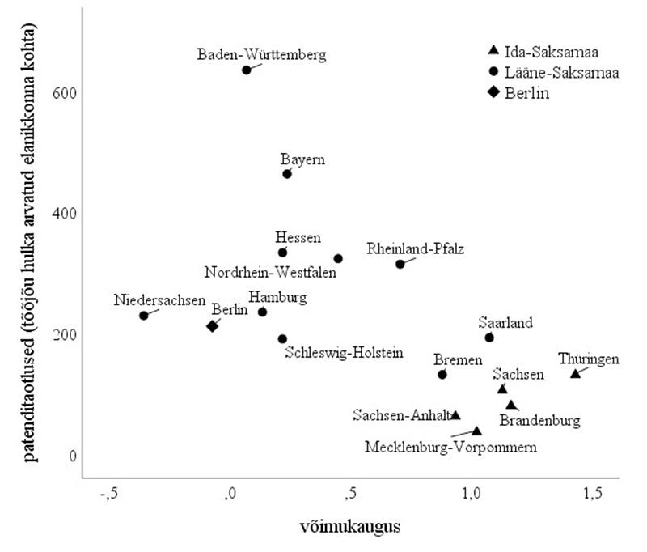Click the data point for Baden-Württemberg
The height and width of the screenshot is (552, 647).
coord(247,70)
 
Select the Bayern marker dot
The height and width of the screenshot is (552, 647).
coord(287,174)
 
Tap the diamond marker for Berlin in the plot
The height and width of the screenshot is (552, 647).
coord(213,326)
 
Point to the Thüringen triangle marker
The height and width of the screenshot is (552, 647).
coord(575,373)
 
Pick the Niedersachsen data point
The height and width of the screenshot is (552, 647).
coord(144,316)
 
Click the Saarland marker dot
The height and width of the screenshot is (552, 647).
coord(489,338)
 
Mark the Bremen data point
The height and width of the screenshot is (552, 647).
coord(442,375)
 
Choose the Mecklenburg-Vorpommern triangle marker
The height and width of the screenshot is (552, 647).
coord(477,431)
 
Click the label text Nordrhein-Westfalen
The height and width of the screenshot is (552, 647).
coord(271,272)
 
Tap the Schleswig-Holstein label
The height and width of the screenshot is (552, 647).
coord(344,354)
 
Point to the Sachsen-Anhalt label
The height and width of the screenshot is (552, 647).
coord(400,415)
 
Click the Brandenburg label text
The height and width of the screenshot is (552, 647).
coord(539,421)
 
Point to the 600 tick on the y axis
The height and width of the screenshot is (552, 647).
coord(66,92)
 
